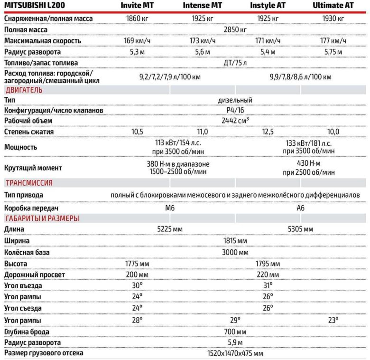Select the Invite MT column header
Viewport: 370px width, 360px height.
click(x=137, y=6)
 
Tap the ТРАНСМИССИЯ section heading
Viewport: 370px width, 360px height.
click(x=29, y=183)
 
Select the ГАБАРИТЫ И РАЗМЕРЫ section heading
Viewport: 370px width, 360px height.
click(x=42, y=218)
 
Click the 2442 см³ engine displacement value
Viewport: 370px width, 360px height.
click(x=235, y=121)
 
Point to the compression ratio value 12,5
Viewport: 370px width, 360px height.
click(x=269, y=132)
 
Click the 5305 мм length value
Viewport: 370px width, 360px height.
click(x=300, y=229)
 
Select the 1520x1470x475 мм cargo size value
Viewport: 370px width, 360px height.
click(x=235, y=353)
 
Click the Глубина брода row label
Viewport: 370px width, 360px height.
click(x=27, y=332)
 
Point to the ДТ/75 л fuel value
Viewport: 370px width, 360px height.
click(x=235, y=63)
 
